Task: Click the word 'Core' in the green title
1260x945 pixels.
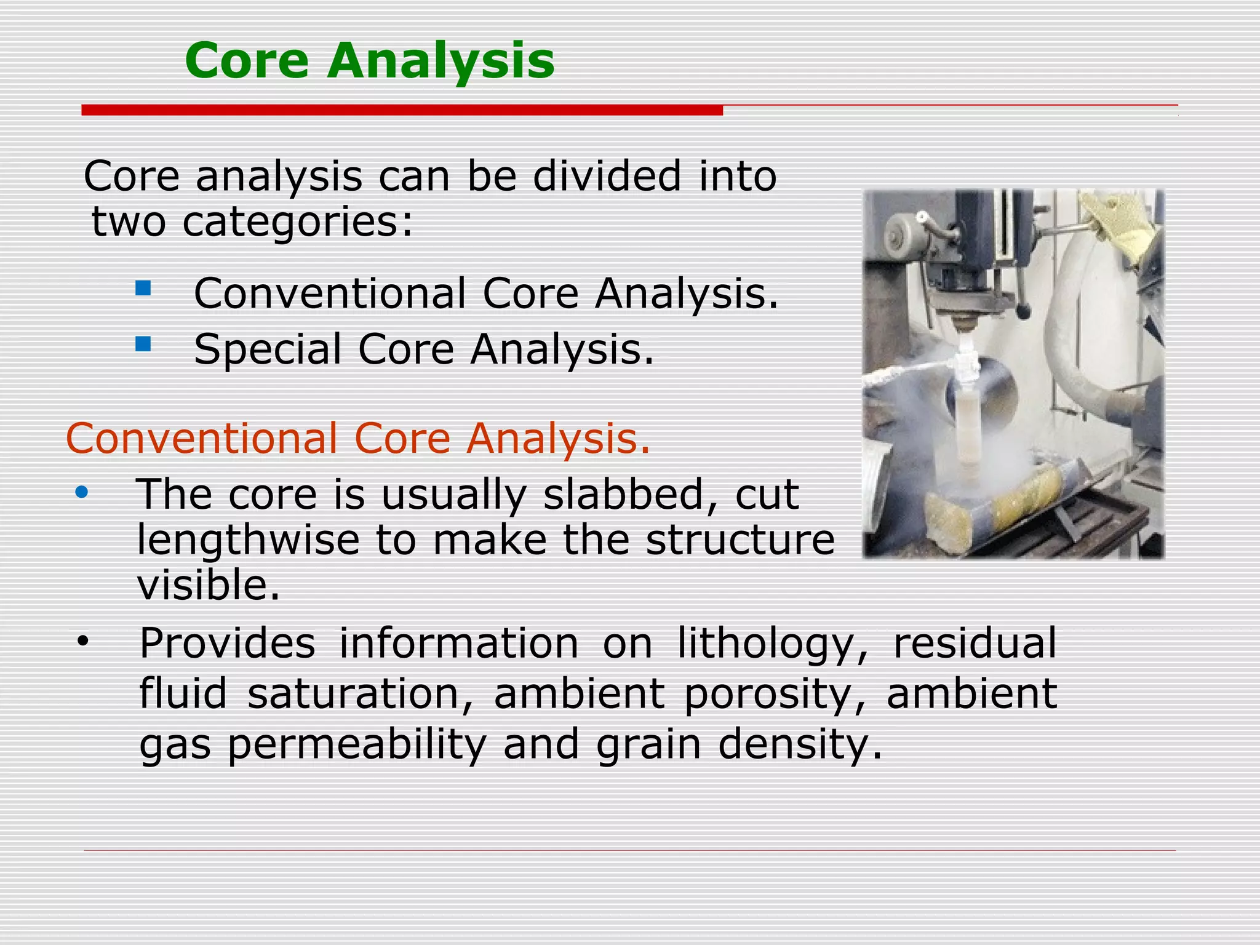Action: click(x=246, y=60)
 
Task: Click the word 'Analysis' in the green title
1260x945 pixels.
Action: click(x=441, y=62)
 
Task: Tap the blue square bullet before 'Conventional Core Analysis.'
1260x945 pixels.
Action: click(x=143, y=288)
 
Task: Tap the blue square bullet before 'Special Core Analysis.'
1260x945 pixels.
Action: click(x=143, y=344)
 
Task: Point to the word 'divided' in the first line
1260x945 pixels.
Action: click(x=607, y=176)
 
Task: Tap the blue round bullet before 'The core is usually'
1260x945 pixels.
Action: click(x=82, y=493)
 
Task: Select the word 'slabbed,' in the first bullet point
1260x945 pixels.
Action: click(x=622, y=495)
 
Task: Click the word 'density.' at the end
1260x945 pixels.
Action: click(x=799, y=744)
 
